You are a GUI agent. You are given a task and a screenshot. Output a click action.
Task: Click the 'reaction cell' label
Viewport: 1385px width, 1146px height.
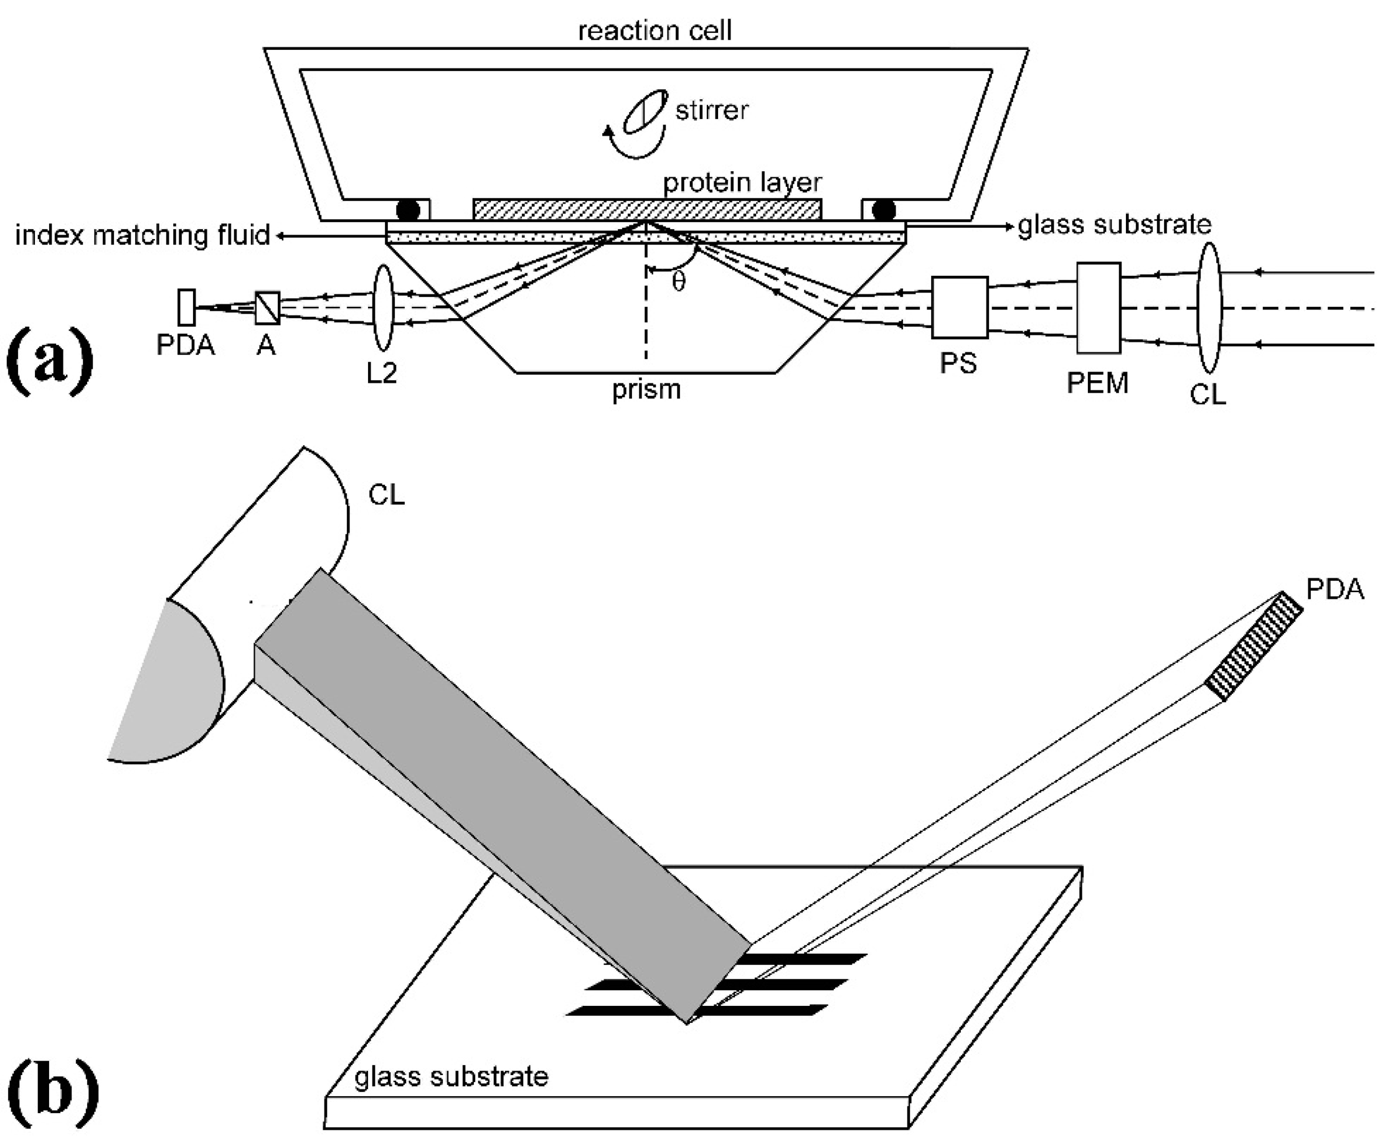(655, 31)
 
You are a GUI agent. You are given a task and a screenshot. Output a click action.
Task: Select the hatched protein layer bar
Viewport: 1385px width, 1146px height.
(646, 210)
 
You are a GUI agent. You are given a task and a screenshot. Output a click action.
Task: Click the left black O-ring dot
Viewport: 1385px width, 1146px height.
(407, 210)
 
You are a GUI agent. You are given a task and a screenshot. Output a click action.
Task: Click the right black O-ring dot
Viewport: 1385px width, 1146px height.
(884, 210)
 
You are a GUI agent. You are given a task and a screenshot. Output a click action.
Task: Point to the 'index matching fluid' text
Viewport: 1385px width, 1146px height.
(143, 235)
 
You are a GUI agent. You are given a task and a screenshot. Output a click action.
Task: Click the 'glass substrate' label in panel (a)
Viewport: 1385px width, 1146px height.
(1115, 225)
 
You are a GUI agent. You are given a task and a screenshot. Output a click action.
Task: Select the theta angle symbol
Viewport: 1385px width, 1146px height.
(679, 282)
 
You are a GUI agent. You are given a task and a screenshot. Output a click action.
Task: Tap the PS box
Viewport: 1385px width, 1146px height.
(960, 308)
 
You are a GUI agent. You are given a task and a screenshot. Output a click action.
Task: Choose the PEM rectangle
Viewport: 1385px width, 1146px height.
(1098, 308)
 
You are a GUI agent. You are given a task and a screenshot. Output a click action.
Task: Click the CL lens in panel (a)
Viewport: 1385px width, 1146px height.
(1209, 308)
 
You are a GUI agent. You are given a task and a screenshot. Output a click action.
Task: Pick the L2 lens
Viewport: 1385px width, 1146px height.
(383, 308)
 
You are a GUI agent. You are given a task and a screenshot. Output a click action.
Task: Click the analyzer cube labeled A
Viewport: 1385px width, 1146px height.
(267, 308)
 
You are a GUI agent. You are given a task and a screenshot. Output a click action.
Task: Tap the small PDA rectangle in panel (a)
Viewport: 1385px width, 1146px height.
(187, 308)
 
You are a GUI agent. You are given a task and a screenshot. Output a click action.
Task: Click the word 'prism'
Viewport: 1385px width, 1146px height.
(646, 390)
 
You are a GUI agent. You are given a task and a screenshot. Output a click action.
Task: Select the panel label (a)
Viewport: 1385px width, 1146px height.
(49, 360)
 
